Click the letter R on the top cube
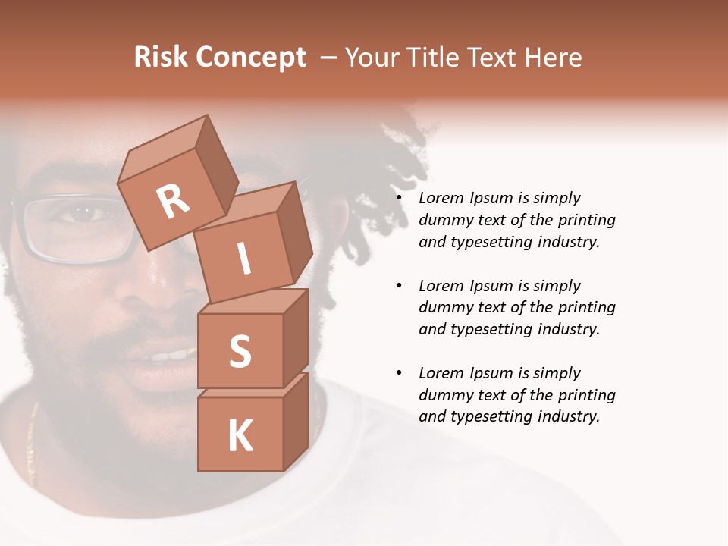pos(174,201)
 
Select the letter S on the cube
pos(240,352)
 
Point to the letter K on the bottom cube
pos(240,436)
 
